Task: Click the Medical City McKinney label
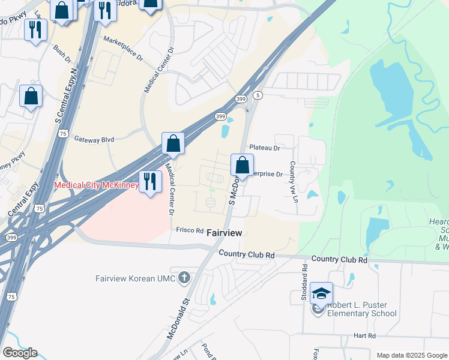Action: pyautogui.click(x=97, y=185)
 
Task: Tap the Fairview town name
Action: pyautogui.click(x=224, y=232)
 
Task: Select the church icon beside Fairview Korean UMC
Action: pyautogui.click(x=184, y=278)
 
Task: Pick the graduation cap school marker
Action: pyautogui.click(x=322, y=293)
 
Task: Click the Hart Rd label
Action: pyautogui.click(x=364, y=335)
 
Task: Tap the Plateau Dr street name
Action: pyautogui.click(x=265, y=148)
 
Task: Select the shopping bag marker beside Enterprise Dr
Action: pyautogui.click(x=242, y=165)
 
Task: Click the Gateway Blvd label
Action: pyautogui.click(x=94, y=139)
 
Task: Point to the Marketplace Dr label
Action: pyautogui.click(x=123, y=49)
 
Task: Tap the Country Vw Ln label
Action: pyautogui.click(x=294, y=182)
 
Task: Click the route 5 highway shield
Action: pyautogui.click(x=258, y=95)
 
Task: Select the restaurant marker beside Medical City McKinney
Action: pyautogui.click(x=149, y=181)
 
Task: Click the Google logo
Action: pyautogui.click(x=20, y=353)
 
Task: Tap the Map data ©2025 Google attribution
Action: pyautogui.click(x=412, y=355)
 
